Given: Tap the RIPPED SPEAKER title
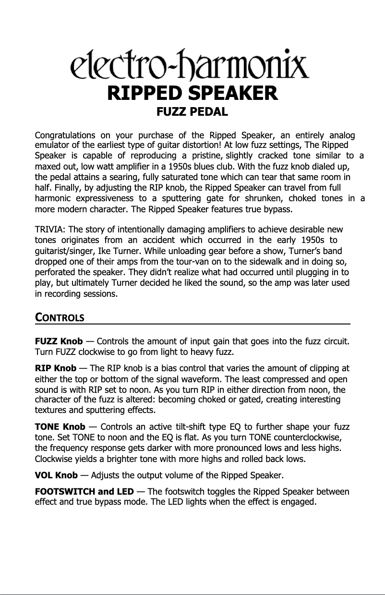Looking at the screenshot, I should pyautogui.click(x=192, y=93).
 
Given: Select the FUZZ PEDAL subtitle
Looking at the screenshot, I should pyautogui.click(x=192, y=112).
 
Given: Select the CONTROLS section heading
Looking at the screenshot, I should pyautogui.click(x=60, y=318).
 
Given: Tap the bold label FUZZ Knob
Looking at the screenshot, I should pyautogui.click(x=59, y=341).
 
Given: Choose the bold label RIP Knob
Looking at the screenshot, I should pyautogui.click(x=56, y=368).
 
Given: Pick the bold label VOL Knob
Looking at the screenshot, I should pyautogui.click(x=56, y=475).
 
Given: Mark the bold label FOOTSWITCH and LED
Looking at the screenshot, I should pyautogui.click(x=84, y=492).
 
